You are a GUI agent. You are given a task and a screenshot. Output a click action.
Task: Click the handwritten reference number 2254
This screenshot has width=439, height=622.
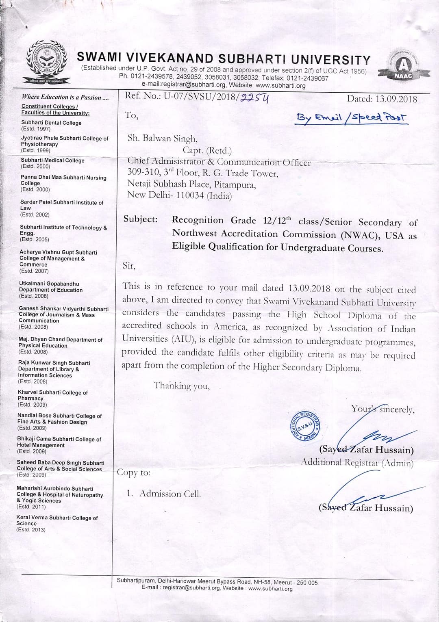point(254,98)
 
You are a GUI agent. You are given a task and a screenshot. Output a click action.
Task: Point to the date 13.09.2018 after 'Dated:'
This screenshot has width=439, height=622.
point(396,99)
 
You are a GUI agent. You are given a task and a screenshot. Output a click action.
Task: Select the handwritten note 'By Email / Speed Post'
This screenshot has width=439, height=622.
point(352,117)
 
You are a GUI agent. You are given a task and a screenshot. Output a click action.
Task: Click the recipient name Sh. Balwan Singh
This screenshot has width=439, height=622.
point(163,138)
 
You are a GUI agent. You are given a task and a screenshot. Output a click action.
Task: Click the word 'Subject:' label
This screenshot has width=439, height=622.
point(140,219)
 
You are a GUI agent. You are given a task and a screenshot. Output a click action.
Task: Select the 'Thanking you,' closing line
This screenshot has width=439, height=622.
point(181,386)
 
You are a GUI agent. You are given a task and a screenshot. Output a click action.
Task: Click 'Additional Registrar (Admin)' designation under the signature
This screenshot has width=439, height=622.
point(357,462)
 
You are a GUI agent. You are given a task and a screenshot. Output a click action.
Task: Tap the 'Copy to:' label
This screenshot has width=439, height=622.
point(134,472)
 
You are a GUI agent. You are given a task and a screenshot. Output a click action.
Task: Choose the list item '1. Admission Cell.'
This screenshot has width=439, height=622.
point(163,494)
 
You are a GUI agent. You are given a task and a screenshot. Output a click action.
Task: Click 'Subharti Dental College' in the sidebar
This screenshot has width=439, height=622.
point(51,123)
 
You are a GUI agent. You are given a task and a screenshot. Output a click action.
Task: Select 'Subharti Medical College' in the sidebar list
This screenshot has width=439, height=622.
point(52,160)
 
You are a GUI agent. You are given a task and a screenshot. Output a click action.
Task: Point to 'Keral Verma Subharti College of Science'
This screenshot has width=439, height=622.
point(57,520)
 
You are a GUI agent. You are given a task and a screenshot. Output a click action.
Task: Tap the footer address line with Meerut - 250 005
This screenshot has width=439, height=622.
point(217,582)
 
